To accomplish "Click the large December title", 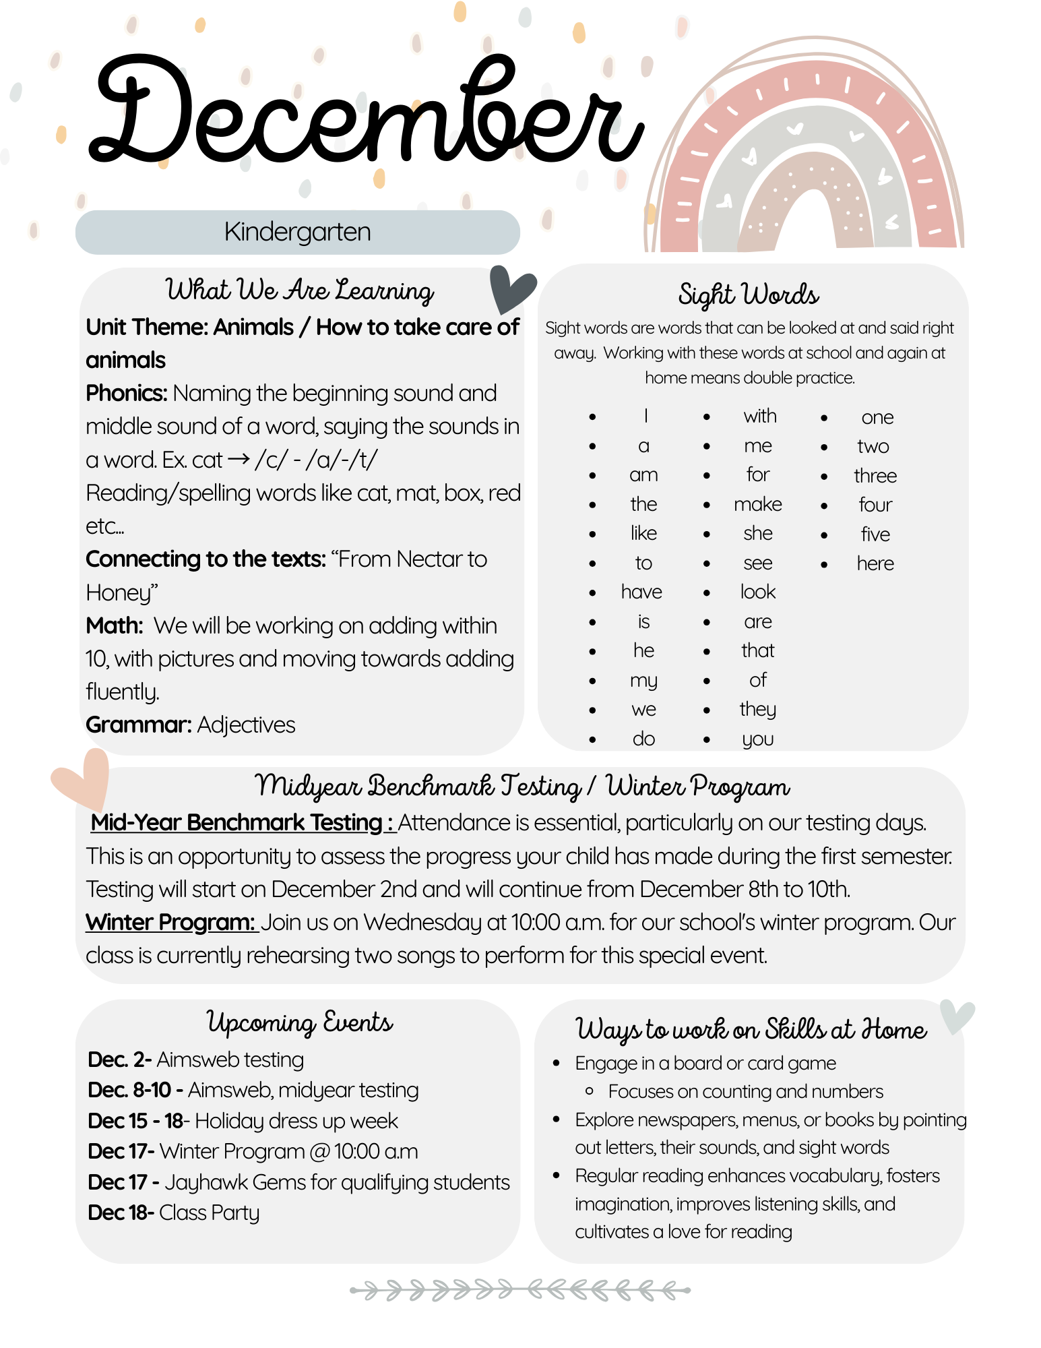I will pos(364,111).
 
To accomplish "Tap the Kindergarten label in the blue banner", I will pos(297,232).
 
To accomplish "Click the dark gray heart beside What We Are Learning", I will pos(511,288).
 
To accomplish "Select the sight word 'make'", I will pos(758,504).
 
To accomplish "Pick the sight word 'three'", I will pos(875,476).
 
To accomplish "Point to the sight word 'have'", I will pos(641,592).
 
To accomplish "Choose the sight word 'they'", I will pos(758,709).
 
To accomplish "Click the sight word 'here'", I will pos(875,563).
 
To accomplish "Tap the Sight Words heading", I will pos(748,295).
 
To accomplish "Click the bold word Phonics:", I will pos(127,393).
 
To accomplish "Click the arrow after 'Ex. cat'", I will pos(239,459).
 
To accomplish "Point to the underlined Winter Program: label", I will pos(170,922).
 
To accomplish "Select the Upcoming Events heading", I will pos(299,1022).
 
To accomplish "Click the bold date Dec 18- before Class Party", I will pos(121,1213).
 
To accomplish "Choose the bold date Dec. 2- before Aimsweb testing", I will pos(119,1060).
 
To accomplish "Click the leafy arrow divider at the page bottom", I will pos(519,1290).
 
